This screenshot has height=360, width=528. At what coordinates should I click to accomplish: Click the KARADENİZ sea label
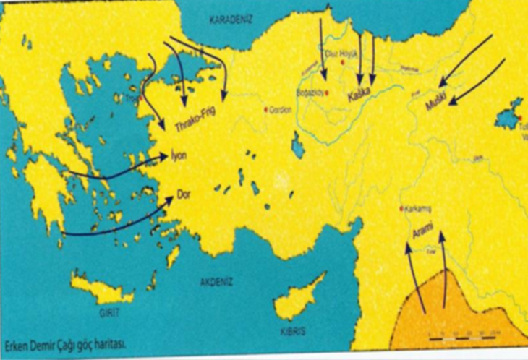pyautogui.click(x=230, y=19)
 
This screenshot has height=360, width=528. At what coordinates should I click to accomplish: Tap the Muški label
pyautogui.click(x=438, y=96)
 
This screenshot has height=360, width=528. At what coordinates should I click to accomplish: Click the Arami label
pyautogui.click(x=422, y=234)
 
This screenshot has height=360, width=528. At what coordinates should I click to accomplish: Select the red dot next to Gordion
pyautogui.click(x=265, y=110)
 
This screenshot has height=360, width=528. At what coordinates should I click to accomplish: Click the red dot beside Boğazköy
pyautogui.click(x=328, y=93)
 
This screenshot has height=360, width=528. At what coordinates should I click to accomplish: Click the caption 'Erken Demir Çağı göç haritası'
pyautogui.click(x=70, y=344)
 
